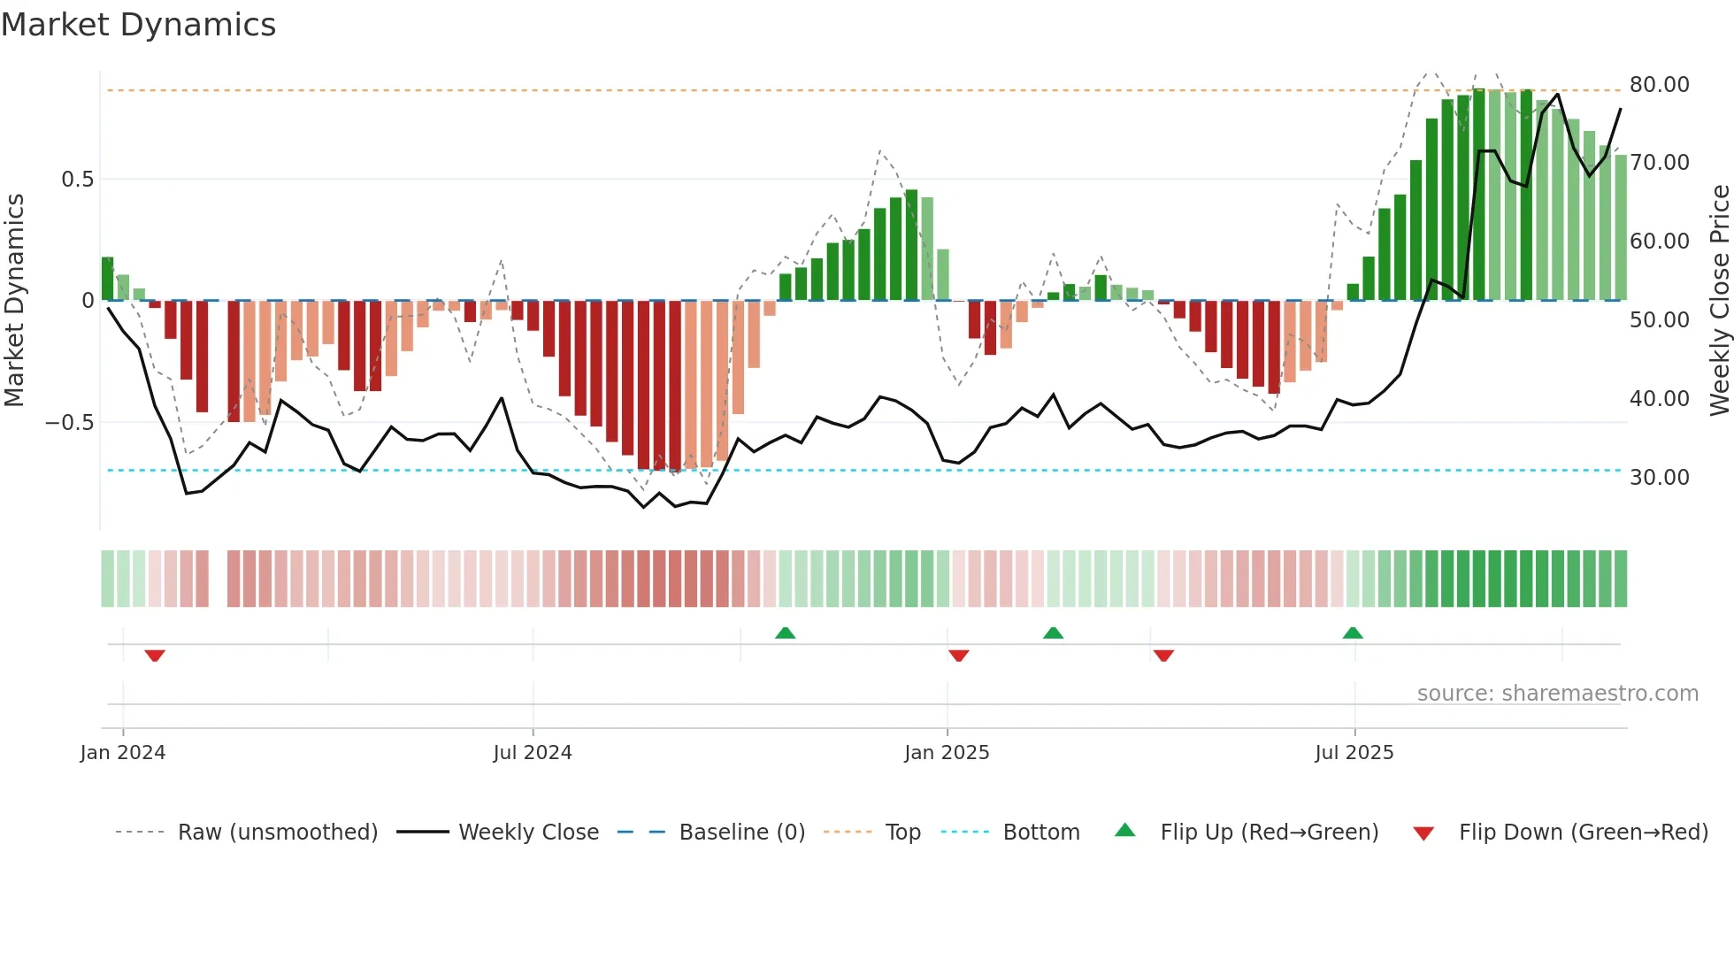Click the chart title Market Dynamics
(139, 25)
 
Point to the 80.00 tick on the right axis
(1659, 85)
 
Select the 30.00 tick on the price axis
(1659, 478)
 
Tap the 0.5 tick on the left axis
(77, 180)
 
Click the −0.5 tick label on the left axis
(70, 423)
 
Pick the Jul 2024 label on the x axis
(532, 753)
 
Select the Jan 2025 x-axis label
(947, 753)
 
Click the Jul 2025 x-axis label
(1354, 753)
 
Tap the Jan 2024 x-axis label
(122, 753)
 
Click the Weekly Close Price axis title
(1719, 301)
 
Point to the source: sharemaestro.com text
(1557, 694)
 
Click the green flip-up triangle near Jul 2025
(1353, 633)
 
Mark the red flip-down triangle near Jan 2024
(155, 656)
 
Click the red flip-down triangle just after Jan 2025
(958, 656)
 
